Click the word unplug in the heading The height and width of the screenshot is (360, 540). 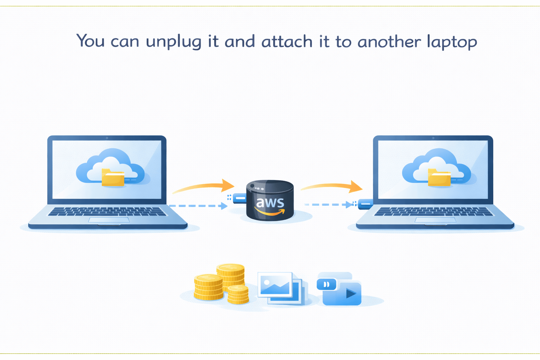click(x=174, y=42)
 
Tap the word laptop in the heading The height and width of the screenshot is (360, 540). click(x=452, y=42)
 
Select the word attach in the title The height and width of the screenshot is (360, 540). click(x=287, y=41)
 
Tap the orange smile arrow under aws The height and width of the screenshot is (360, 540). click(x=270, y=212)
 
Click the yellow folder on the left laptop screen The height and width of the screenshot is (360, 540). click(x=113, y=177)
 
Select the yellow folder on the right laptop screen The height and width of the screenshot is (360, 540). click(x=439, y=177)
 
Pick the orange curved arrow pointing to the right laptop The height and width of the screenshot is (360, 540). click(x=332, y=186)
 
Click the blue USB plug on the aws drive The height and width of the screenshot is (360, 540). click(x=239, y=199)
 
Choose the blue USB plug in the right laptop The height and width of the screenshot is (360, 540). click(x=365, y=204)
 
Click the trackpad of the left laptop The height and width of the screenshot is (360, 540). click(x=109, y=220)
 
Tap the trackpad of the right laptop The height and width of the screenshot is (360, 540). click(x=435, y=220)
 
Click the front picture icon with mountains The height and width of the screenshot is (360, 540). click(x=275, y=284)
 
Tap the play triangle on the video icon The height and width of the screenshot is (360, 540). click(x=351, y=293)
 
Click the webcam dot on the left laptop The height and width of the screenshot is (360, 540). click(x=107, y=138)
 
